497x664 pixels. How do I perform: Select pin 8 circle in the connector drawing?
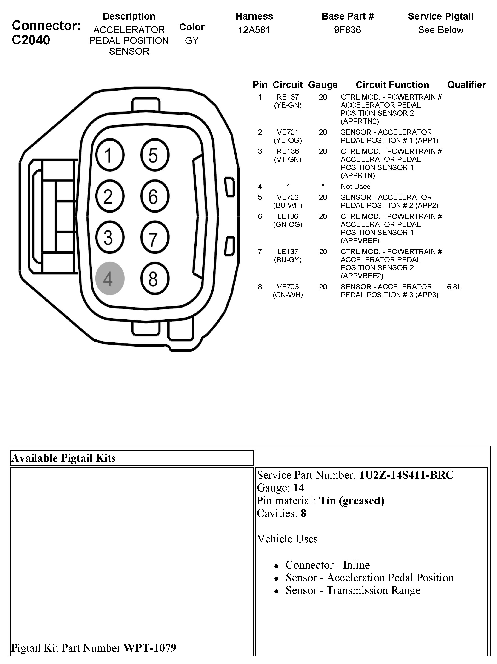coord(154,278)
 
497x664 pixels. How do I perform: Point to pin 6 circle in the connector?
coord(154,196)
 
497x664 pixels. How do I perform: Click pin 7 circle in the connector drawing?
coord(154,237)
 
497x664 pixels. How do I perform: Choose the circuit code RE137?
coord(288,97)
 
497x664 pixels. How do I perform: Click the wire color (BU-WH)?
coord(288,206)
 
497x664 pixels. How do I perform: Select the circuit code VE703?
coord(288,287)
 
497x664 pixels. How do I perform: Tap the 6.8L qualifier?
coord(454,287)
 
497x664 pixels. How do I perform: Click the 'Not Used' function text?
coord(355,187)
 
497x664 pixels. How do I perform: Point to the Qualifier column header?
coord(466,85)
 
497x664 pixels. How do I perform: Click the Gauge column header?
coord(323,85)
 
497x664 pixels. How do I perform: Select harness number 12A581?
coord(254,30)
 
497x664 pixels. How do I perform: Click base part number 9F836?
coord(347,30)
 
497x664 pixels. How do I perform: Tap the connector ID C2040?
coord(31,40)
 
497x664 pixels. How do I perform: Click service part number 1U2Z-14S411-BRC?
coord(406,475)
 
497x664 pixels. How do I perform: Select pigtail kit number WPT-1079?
coord(150,648)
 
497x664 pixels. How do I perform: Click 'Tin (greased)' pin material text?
coord(351,500)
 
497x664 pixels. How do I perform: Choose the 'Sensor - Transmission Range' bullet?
coord(353,590)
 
